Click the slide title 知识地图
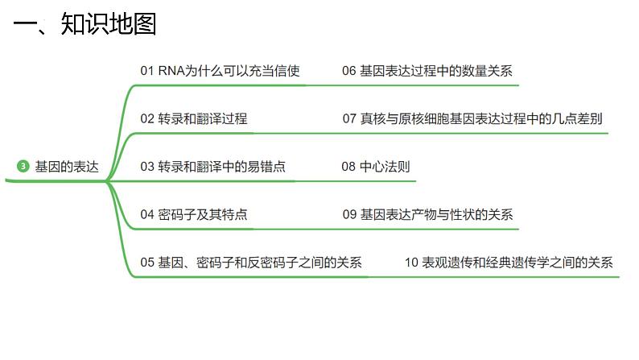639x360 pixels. click(108, 24)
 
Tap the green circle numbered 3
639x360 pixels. click(23, 167)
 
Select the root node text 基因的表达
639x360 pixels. click(67, 167)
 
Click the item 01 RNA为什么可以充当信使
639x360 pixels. click(220, 71)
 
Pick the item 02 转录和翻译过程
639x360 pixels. click(193, 118)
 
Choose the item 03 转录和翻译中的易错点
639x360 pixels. click(212, 167)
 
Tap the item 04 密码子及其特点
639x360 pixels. click(193, 214)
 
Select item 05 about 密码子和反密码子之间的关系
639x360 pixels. click(251, 263)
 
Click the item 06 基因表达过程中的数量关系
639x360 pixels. click(427, 71)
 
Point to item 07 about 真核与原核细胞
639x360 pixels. click(472, 118)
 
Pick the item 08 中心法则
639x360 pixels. click(375, 167)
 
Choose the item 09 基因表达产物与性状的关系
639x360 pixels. click(427, 214)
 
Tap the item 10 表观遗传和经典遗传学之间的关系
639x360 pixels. click(508, 263)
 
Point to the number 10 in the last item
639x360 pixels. click(411, 263)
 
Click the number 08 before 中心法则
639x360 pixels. click(348, 167)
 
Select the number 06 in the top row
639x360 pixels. click(348, 71)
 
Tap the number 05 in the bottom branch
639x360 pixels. click(146, 263)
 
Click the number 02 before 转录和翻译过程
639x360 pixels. click(146, 118)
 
